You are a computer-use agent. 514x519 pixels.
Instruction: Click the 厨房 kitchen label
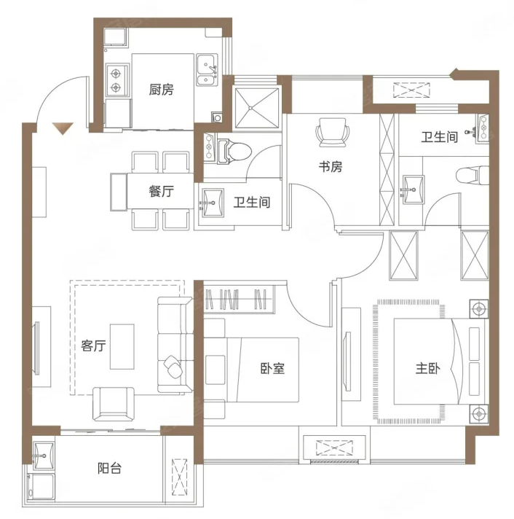pyautogui.click(x=161, y=90)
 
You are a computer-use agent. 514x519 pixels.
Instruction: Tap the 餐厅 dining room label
pyautogui.click(x=161, y=191)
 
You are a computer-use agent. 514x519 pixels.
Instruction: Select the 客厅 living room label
pyautogui.click(x=93, y=346)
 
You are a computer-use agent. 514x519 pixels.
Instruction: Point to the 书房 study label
pyautogui.click(x=331, y=166)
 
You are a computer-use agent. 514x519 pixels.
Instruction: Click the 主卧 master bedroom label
pyautogui.click(x=428, y=368)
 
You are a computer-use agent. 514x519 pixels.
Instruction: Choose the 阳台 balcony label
pyautogui.click(x=109, y=468)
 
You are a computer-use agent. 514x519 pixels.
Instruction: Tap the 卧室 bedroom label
pyautogui.click(x=273, y=368)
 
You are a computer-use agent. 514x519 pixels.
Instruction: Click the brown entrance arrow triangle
pyautogui.click(x=63, y=128)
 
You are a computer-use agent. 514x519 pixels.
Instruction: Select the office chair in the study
pyautogui.click(x=333, y=133)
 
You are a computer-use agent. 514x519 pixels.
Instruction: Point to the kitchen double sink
pyautogui.click(x=207, y=70)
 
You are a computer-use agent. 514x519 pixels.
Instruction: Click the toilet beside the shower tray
pyautogui.click(x=234, y=152)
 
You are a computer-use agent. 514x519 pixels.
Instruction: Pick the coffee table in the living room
pyautogui.click(x=122, y=346)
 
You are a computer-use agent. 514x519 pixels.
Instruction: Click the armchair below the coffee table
pyautogui.click(x=114, y=404)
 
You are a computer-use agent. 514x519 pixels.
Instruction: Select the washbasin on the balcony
pyautogui.click(x=44, y=456)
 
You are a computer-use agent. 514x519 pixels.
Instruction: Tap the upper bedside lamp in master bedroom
pyautogui.click(x=478, y=309)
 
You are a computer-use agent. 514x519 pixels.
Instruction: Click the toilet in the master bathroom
pyautogui.click(x=473, y=174)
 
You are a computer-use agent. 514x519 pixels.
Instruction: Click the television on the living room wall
pyautogui.click(x=36, y=348)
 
